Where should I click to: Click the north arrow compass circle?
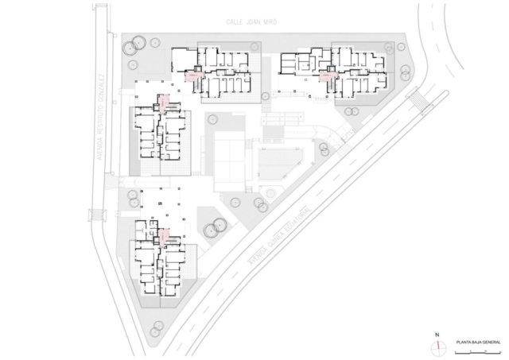click(x=437, y=346)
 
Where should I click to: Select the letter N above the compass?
click(x=437, y=335)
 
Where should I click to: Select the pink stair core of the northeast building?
click(x=327, y=77)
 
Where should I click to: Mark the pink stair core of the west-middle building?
click(x=164, y=103)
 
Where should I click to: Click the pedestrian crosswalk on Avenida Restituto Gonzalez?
click(x=98, y=214)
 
